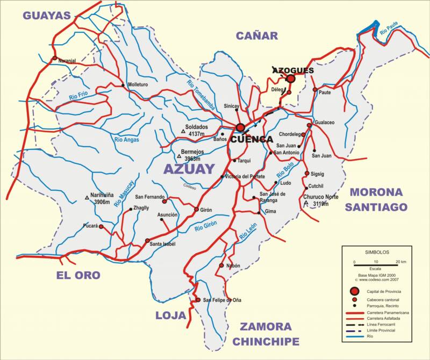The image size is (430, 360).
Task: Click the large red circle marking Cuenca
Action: [240, 127]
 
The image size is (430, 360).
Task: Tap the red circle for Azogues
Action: [291, 79]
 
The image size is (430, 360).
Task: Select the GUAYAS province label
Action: [47, 16]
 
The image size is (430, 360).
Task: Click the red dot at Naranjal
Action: [54, 58]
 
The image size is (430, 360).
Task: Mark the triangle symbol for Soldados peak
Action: [183, 132]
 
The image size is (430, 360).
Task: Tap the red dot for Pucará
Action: [101, 227]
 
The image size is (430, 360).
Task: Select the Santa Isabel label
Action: [162, 244]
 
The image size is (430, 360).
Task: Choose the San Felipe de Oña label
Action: [221, 300]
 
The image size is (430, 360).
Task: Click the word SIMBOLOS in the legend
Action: [377, 251]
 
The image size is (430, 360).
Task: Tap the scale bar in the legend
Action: [376, 263]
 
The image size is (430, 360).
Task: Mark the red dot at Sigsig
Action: [307, 174]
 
